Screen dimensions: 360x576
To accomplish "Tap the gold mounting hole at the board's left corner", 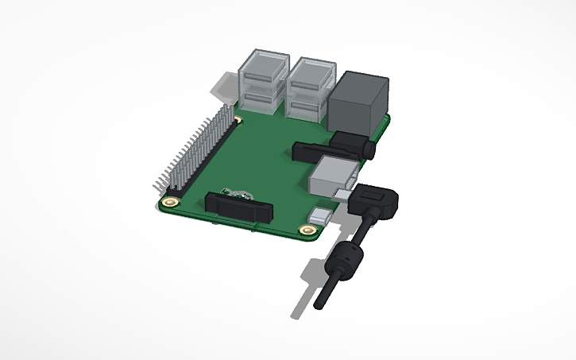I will point(172,202).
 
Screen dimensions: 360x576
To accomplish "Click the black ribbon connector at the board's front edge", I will point(239,208).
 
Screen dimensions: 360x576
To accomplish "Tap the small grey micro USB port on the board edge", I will point(322,215).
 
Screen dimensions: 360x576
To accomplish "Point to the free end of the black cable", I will point(321,304).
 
